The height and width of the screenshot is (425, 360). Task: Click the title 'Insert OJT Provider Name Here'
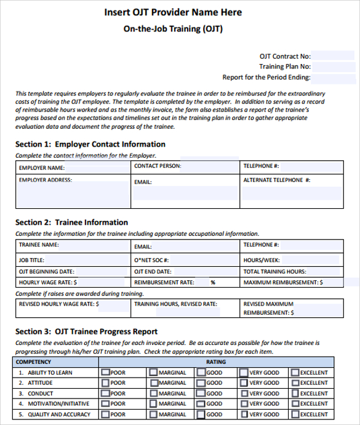pyautogui.click(x=173, y=12)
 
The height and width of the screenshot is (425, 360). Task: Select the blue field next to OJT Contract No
pyautogui.click(x=335, y=56)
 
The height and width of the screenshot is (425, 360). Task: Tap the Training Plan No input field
pyautogui.click(x=335, y=67)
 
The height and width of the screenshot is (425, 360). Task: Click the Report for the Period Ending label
pyautogui.click(x=266, y=78)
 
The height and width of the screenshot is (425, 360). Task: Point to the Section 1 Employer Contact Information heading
pyautogui.click(x=90, y=145)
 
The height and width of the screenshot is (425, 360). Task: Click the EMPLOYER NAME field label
pyautogui.click(x=42, y=168)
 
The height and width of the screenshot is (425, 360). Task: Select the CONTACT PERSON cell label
pyautogui.click(x=158, y=166)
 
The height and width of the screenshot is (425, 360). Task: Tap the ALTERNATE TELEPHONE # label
pyautogui.click(x=277, y=180)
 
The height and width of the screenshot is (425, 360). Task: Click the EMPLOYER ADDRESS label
pyautogui.click(x=46, y=180)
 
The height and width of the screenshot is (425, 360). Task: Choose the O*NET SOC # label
pyautogui.click(x=151, y=261)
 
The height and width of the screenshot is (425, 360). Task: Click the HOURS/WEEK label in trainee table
pyautogui.click(x=262, y=261)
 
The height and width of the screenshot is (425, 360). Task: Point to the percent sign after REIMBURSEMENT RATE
pyautogui.click(x=212, y=283)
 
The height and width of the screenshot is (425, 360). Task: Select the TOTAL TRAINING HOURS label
pyautogui.click(x=275, y=272)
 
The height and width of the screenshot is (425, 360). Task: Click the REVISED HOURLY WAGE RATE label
pyautogui.click(x=59, y=304)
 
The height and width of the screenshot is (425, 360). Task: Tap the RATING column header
pyautogui.click(x=215, y=362)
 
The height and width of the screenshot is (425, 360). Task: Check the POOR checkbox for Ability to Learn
pyautogui.click(x=105, y=372)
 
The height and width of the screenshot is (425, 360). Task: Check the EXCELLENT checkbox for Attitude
pyautogui.click(x=295, y=382)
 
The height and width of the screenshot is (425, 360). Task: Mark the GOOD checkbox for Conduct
pyautogui.click(x=201, y=393)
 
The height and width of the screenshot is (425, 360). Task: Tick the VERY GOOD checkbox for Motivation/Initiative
pyautogui.click(x=244, y=403)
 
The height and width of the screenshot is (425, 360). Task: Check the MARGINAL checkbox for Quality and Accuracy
pyautogui.click(x=153, y=414)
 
